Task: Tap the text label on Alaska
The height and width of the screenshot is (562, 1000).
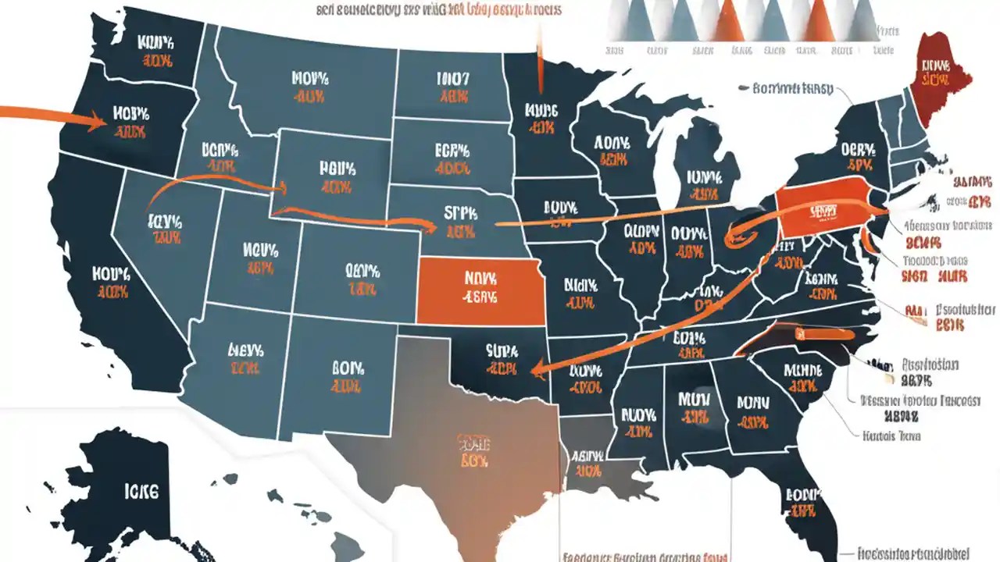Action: pos(141,492)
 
